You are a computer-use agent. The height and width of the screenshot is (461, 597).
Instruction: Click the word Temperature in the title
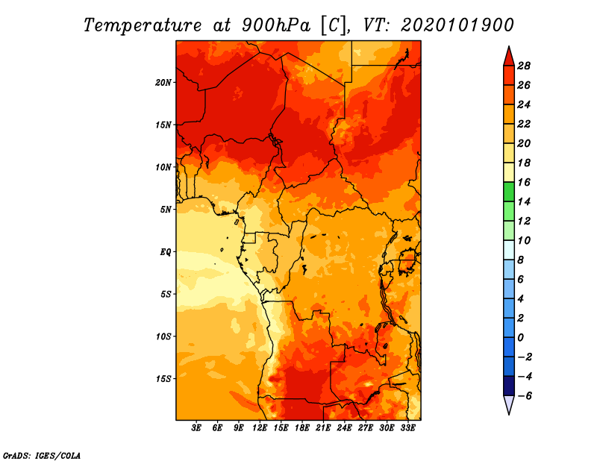pos(143,25)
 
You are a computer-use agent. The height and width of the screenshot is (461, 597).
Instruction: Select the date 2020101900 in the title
pos(457,25)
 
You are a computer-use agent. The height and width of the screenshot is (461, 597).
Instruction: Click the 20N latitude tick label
pos(163,83)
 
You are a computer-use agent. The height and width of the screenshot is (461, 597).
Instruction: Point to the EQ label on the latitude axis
pos(165,252)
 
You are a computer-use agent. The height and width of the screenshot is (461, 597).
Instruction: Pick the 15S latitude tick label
pos(163,379)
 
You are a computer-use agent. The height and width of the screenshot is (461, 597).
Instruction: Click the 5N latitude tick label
pos(166,210)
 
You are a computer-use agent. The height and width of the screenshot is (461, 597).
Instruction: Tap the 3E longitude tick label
pos(196,428)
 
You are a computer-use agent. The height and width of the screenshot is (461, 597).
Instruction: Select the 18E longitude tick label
pos(302,428)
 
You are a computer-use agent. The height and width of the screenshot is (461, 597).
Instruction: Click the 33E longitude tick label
pos(407,428)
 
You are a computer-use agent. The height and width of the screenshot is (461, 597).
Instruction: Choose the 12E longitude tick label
pos(260,428)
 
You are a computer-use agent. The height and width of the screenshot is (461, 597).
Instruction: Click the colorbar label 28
pos(524,66)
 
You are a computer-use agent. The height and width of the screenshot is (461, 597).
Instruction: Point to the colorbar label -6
pos(525,396)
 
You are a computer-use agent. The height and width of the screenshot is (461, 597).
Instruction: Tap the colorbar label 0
pos(520,338)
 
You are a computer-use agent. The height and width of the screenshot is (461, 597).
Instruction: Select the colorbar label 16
pos(524,182)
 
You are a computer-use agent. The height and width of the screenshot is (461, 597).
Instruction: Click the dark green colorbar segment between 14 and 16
pos(509,192)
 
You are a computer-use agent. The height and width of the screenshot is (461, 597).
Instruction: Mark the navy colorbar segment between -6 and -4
pos(509,386)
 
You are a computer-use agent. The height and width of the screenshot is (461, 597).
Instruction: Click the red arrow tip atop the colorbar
pos(509,46)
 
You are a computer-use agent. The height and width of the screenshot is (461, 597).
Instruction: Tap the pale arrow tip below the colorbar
pos(509,414)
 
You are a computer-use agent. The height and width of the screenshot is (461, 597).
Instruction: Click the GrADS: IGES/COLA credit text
pos(42,456)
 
